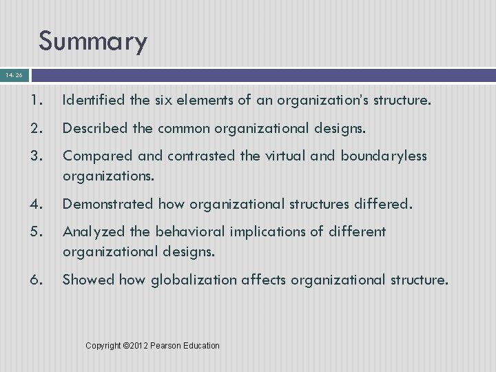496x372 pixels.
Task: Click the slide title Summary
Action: pyautogui.click(x=92, y=41)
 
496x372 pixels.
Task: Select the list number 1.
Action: pyautogui.click(x=39, y=101)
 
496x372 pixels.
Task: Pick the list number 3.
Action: pyautogui.click(x=39, y=156)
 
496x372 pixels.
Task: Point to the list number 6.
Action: pyautogui.click(x=39, y=279)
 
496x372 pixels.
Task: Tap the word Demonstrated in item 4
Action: pyautogui.click(x=108, y=203)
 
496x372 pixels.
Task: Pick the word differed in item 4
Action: pyautogui.click(x=383, y=203)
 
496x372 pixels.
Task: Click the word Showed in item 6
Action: pyautogui.click(x=88, y=279)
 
